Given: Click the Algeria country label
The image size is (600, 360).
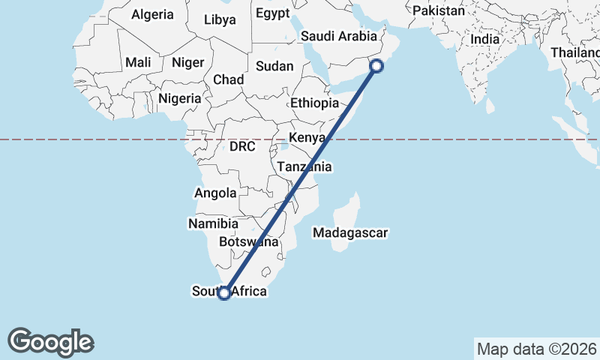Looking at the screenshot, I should point(152,14).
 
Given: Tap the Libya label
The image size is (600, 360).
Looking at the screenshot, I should point(220,19).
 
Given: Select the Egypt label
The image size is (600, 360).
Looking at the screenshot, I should point(271,13).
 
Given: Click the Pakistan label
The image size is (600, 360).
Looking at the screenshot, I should point(439,11).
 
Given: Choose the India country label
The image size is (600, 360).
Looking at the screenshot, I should point(484,39).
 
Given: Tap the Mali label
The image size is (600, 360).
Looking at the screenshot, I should point(139,62).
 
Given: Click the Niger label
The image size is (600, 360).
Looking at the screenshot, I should point(187,62).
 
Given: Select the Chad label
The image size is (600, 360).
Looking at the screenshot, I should point(228,79).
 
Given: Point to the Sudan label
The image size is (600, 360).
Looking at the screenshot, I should point(274,66).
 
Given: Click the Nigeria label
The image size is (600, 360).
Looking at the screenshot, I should point(179,98).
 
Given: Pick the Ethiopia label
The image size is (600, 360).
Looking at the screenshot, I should point(315,103).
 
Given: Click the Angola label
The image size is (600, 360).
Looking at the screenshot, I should point(216,193).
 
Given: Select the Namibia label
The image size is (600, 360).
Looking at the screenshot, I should point(214,223).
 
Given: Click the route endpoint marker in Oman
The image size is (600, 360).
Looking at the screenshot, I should point(376,66).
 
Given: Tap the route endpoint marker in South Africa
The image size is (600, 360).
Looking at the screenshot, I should point(223,292).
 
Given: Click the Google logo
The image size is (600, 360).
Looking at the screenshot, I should point(51,342).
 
